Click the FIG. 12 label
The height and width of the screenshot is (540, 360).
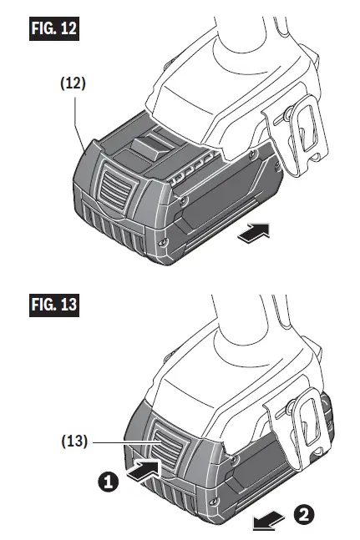pyautogui.click(x=54, y=28)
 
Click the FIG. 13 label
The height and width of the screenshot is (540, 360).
pyautogui.click(x=54, y=305)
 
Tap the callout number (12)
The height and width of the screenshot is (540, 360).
pyautogui.click(x=73, y=83)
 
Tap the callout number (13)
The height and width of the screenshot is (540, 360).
pyautogui.click(x=74, y=442)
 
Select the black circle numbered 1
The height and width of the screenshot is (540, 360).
pyautogui.click(x=108, y=481)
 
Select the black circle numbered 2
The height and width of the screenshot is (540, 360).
pyautogui.click(x=304, y=514)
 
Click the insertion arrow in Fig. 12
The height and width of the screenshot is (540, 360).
pyautogui.click(x=254, y=233)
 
